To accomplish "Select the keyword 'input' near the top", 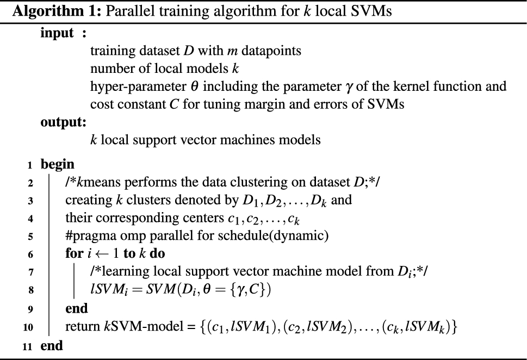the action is pyautogui.click(x=57, y=34).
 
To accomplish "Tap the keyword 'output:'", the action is pyautogui.click(x=63, y=122).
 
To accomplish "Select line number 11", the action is pyautogui.click(x=26, y=346).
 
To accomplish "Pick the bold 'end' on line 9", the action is pyautogui.click(x=76, y=309).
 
